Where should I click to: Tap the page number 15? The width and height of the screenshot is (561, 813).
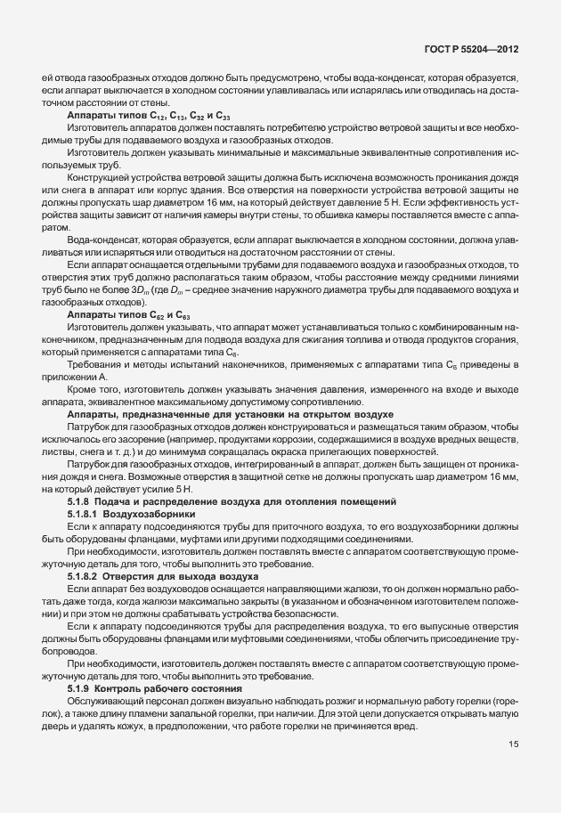(x=513, y=769)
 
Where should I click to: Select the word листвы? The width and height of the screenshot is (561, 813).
(x=56, y=451)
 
